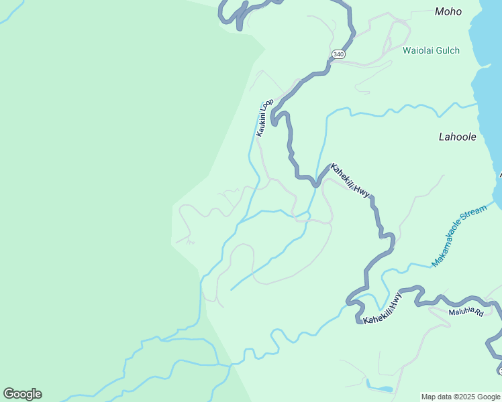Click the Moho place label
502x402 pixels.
coord(448,11)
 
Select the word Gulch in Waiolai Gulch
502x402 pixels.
coord(448,50)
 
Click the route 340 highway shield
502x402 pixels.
coord(338,54)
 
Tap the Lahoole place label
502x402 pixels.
coord(457,137)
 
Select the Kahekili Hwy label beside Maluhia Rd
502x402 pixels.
coord(383,309)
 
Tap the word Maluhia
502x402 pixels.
coord(462,312)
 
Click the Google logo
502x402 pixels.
coord(22,394)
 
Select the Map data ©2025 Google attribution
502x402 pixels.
coord(460,397)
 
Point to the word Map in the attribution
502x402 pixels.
coord(429,397)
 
